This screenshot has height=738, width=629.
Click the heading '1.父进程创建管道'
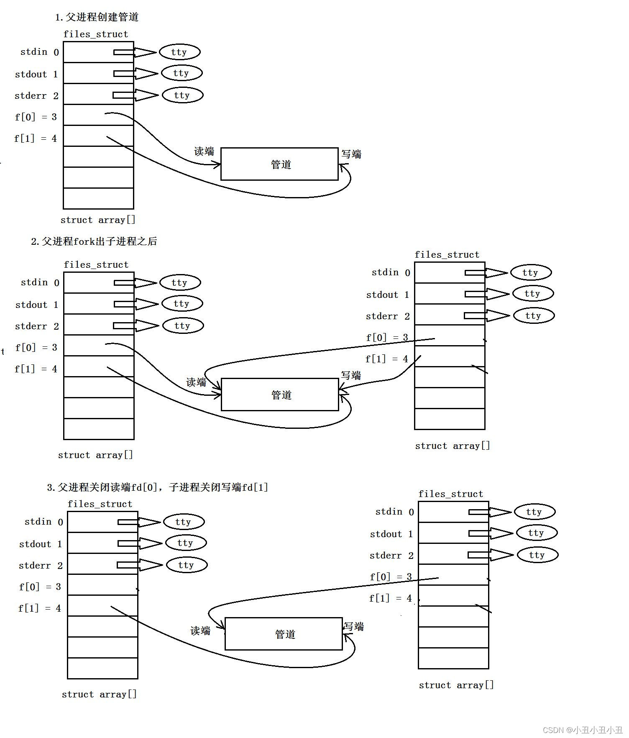click(x=97, y=17)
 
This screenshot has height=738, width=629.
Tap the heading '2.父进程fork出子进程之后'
click(x=94, y=241)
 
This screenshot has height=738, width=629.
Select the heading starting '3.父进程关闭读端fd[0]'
click(x=157, y=487)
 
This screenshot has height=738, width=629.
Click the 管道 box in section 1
click(x=279, y=164)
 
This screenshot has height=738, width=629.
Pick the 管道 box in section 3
click(x=284, y=634)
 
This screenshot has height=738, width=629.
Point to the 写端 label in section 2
click(x=351, y=375)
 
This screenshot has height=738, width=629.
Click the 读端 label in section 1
click(x=204, y=151)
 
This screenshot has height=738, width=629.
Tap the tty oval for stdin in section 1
click(x=179, y=52)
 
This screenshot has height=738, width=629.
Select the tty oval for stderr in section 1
click(x=182, y=95)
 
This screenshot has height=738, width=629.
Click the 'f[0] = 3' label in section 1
click(x=36, y=117)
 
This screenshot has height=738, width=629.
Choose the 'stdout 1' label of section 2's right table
click(x=387, y=295)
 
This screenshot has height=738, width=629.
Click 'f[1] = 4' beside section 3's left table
click(x=40, y=608)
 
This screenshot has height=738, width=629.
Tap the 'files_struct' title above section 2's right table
click(x=447, y=255)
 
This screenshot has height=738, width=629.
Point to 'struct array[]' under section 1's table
click(x=98, y=220)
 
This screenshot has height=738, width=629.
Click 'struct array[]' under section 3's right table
click(x=456, y=685)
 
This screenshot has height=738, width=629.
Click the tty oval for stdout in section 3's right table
click(x=537, y=533)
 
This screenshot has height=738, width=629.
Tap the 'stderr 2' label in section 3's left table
click(x=41, y=566)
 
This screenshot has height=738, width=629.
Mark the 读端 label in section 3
click(x=200, y=630)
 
